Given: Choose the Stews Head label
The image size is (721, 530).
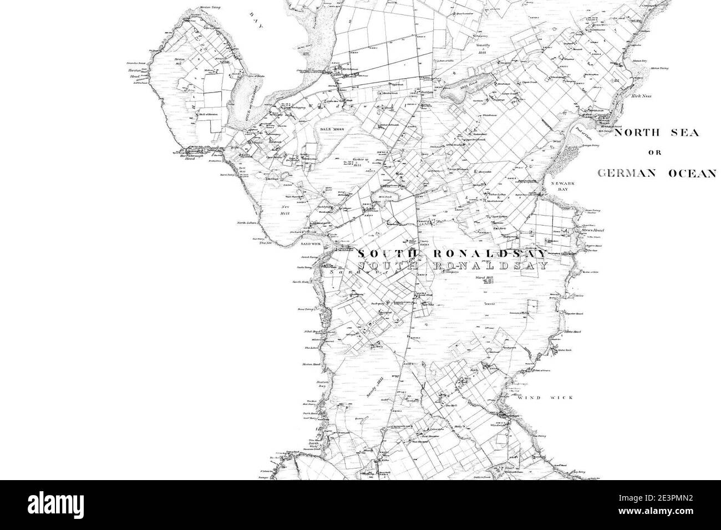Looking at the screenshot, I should coord(592,230).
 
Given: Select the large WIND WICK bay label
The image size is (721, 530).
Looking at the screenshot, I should coord(545,397).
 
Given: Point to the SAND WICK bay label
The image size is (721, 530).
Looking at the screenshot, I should coord(311,243).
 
